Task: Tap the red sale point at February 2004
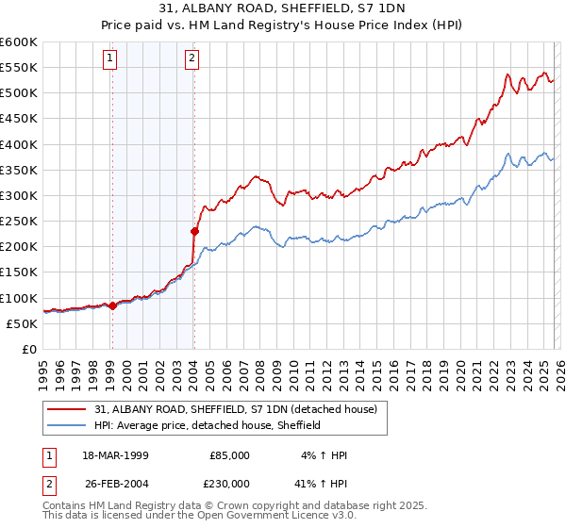point(194,231)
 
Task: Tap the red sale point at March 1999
point(112,305)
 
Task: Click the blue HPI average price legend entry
point(208,425)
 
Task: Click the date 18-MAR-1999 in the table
point(109,454)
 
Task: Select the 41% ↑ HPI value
point(322,483)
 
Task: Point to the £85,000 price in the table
point(229,454)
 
